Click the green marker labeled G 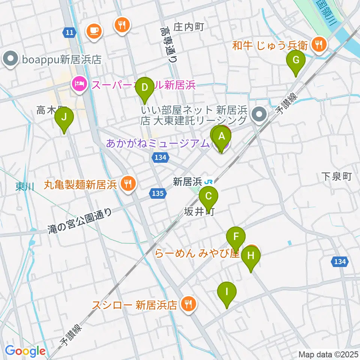pos(295,60)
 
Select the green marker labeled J pos(64,117)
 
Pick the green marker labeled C pos(209,196)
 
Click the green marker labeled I pos(227,291)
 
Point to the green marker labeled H pos(250,256)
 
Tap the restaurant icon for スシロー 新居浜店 pos(188,304)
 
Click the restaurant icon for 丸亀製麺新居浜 pos(128,184)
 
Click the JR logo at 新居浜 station pos(209,182)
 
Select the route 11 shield pos(68,33)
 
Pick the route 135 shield pos(158,193)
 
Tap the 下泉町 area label pos(337,176)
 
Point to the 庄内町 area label pos(188,27)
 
